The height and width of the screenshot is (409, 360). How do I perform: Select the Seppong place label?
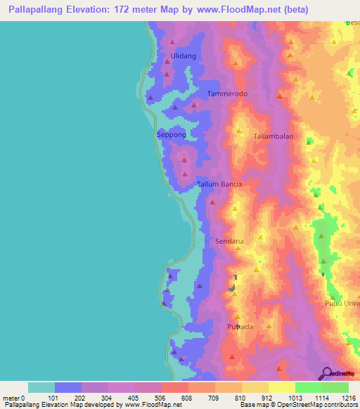171,134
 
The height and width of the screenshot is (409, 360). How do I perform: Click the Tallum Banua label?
219,184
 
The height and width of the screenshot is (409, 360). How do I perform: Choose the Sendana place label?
229,241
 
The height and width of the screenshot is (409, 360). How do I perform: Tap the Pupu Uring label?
342,304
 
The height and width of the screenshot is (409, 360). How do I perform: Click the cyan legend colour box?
41,387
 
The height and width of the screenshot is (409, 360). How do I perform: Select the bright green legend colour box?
308,387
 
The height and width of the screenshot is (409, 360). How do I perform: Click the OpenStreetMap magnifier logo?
326,373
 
